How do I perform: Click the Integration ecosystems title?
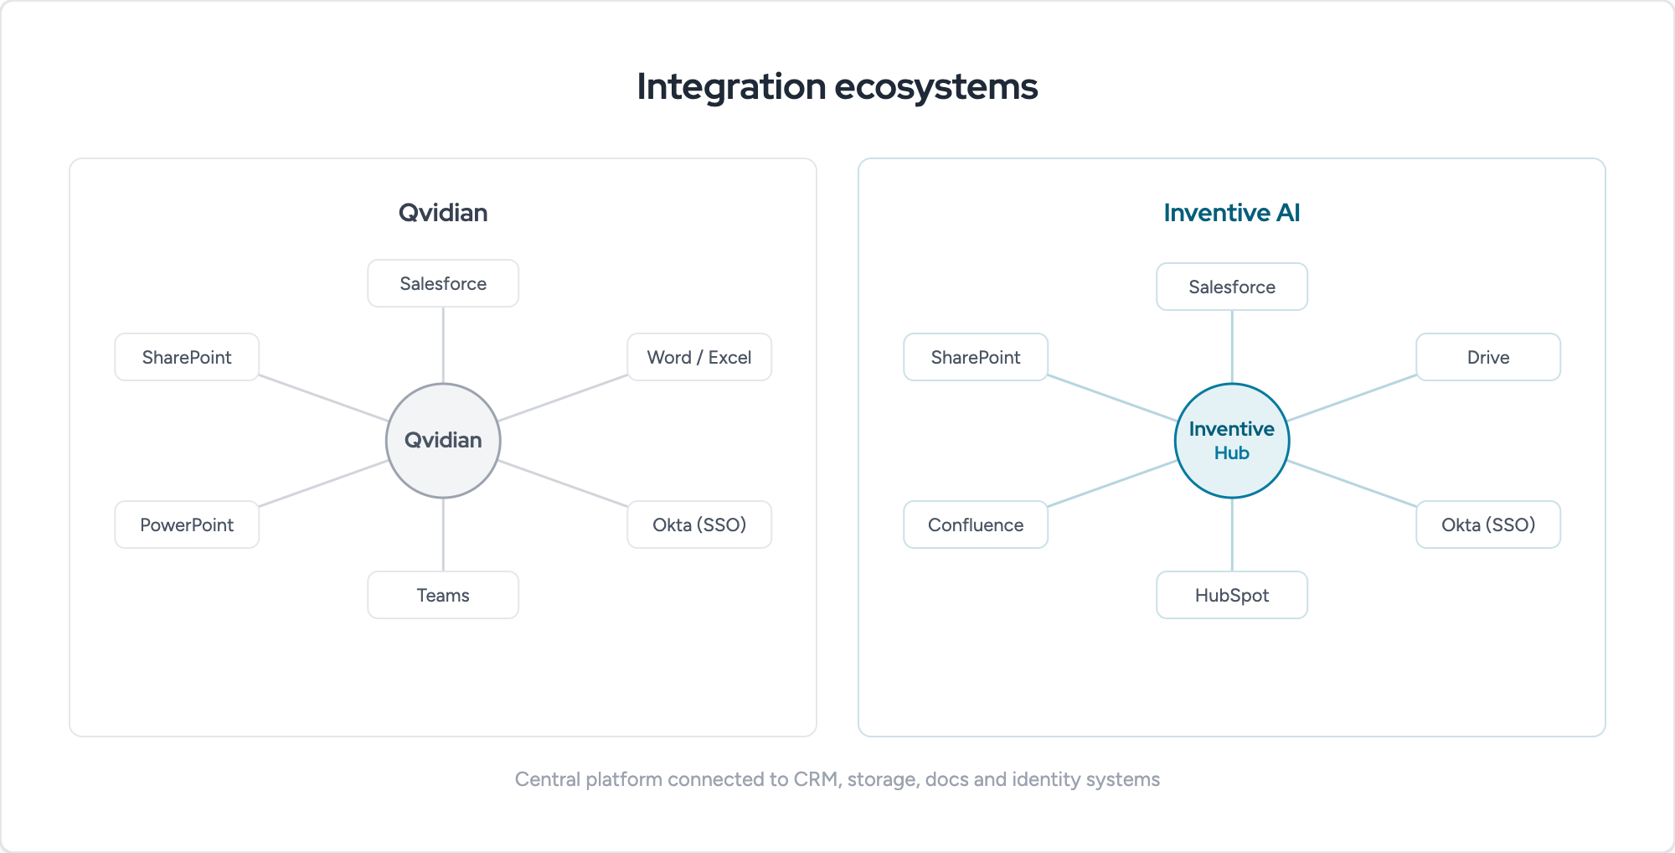pyautogui.click(x=837, y=87)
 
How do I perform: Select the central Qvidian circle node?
pyautogui.click(x=443, y=441)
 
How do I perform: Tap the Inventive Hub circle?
pyautogui.click(x=1232, y=441)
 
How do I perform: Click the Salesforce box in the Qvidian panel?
pyautogui.click(x=443, y=283)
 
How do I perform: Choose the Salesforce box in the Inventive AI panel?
pyautogui.click(x=1232, y=287)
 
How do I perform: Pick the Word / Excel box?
pyautogui.click(x=699, y=357)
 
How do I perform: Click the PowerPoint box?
pyautogui.click(x=187, y=525)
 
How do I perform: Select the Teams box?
pyautogui.click(x=443, y=595)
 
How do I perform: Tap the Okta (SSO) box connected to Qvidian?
pyautogui.click(x=699, y=525)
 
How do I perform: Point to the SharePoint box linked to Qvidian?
pyautogui.click(x=187, y=357)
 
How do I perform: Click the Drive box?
pyautogui.click(x=1488, y=357)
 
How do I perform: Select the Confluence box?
pyautogui.click(x=976, y=525)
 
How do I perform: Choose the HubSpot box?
pyautogui.click(x=1232, y=595)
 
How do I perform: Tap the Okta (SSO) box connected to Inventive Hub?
pyautogui.click(x=1488, y=525)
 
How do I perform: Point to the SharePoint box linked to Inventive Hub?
pyautogui.click(x=976, y=357)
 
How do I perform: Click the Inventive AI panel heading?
pyautogui.click(x=1232, y=213)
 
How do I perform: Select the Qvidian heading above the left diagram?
pyautogui.click(x=443, y=213)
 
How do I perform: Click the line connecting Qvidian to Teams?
pyautogui.click(x=443, y=535)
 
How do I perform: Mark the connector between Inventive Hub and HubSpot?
pyautogui.click(x=1232, y=535)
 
